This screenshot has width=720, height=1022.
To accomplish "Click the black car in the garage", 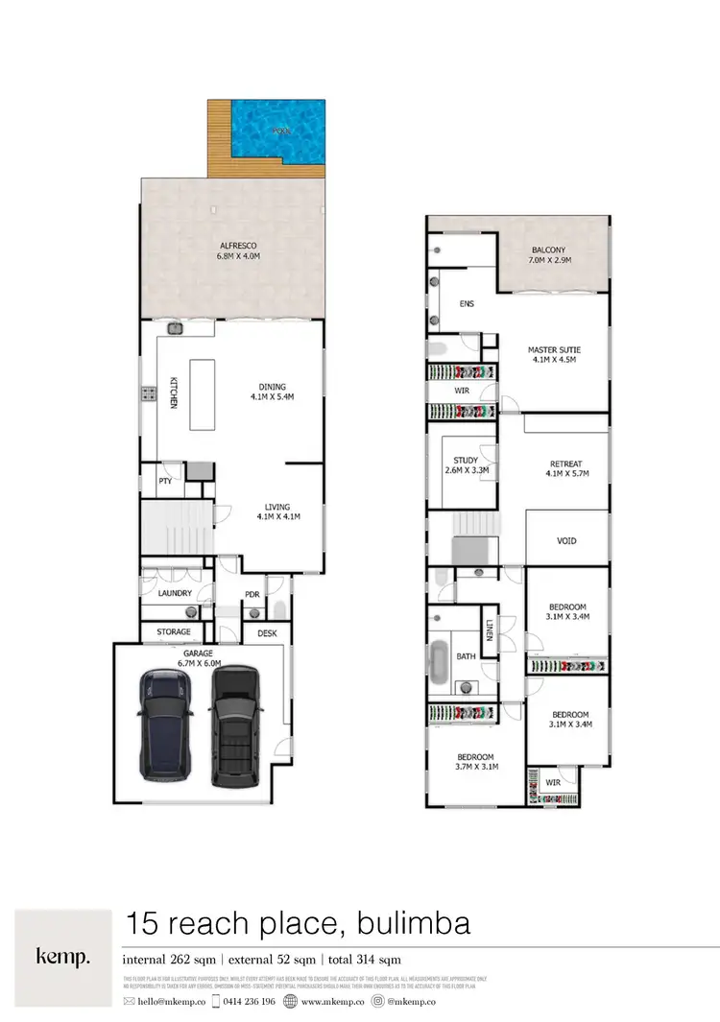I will [x=235, y=723].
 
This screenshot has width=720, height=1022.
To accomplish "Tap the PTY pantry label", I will [x=164, y=481].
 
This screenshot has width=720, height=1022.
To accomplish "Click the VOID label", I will [x=566, y=541].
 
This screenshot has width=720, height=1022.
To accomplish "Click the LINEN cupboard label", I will [x=489, y=630].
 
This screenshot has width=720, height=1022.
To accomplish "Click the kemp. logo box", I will [x=62, y=957].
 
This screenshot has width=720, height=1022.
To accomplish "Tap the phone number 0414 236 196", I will [x=250, y=1001].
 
